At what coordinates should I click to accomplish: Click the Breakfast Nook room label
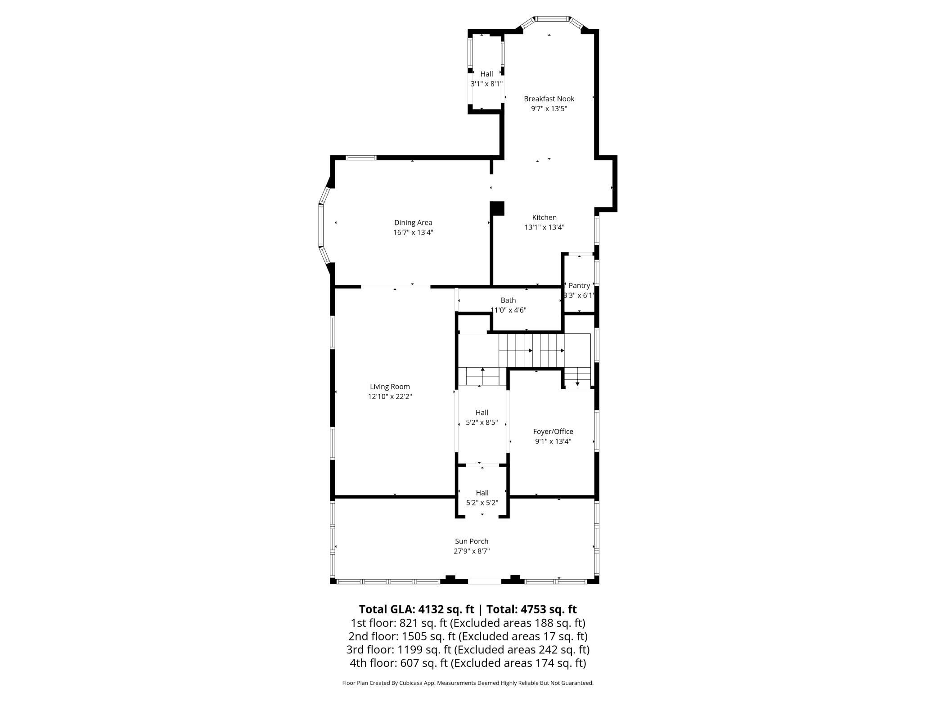pos(549,99)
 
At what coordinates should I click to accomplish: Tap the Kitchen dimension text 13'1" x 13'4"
pos(544,227)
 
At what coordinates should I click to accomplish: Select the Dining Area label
pos(413,222)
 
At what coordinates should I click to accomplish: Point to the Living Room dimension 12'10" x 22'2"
pos(390,396)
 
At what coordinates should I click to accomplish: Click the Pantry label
pos(579,285)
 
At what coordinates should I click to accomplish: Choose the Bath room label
pos(508,300)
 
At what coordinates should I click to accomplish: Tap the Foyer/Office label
pos(553,432)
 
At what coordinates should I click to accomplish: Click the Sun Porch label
pos(472,541)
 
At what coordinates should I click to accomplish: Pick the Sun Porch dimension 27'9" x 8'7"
pos(472,551)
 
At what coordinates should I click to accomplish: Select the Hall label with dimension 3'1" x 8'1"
pos(486,74)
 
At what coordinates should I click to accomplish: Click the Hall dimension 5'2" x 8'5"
pos(482,423)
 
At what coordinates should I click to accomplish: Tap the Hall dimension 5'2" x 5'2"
pos(482,503)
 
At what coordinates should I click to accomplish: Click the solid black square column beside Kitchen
pos(497,208)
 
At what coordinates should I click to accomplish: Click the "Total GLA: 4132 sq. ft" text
pos(417,609)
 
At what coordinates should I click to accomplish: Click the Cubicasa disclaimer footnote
pos(468,683)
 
